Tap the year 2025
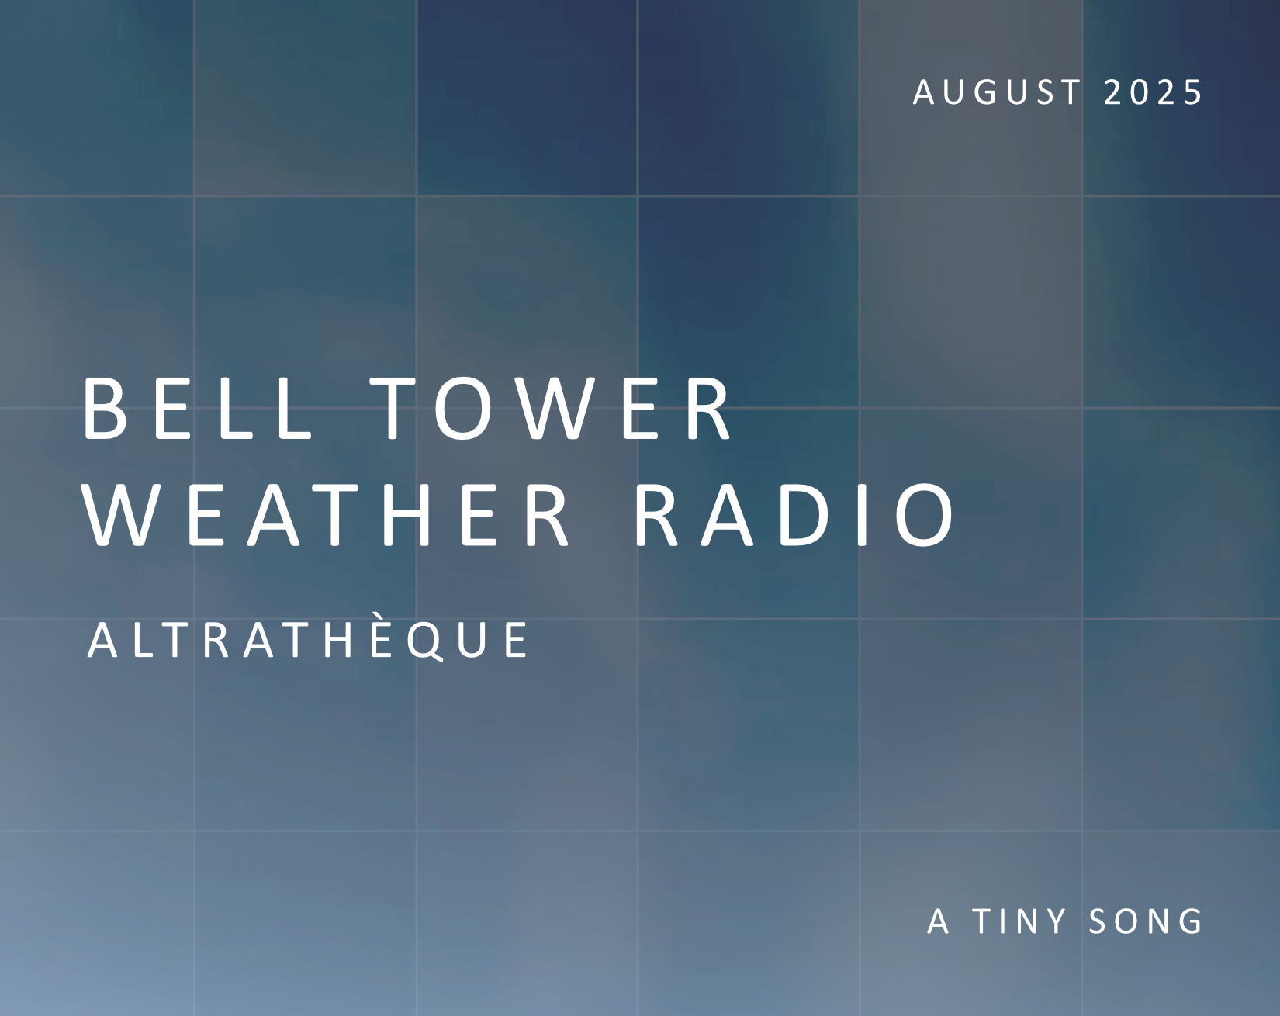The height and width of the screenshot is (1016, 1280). (1152, 92)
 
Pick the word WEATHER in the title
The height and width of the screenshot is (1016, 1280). (326, 515)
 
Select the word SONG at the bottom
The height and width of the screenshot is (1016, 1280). (1146, 921)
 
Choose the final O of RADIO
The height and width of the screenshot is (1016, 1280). (925, 515)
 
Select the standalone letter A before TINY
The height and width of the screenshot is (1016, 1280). (939, 921)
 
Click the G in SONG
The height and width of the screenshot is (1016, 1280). (1190, 921)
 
